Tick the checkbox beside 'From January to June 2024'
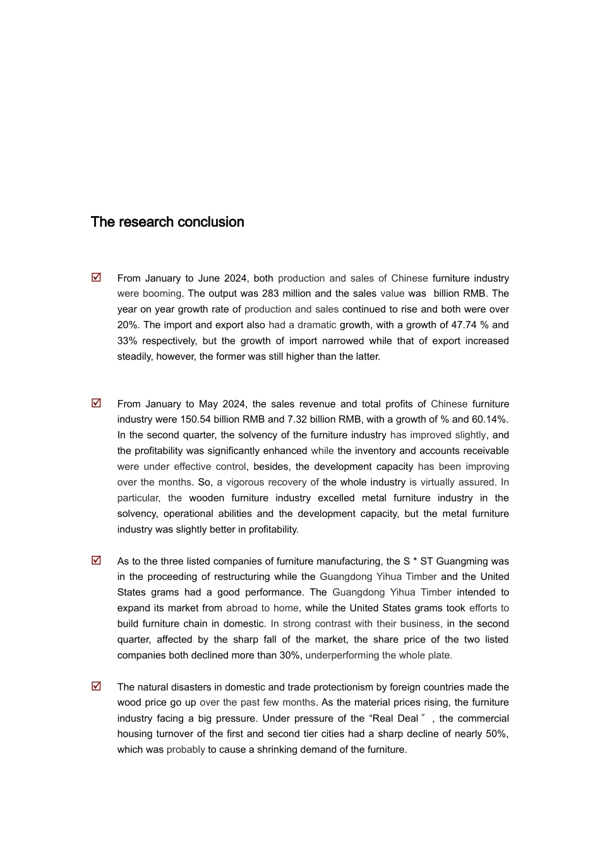96,277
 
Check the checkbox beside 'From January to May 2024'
96,403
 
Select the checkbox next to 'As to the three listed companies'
96,560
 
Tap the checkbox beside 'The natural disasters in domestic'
96,686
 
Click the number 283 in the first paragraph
270,294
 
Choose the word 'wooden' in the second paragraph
206,498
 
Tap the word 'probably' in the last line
186,750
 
